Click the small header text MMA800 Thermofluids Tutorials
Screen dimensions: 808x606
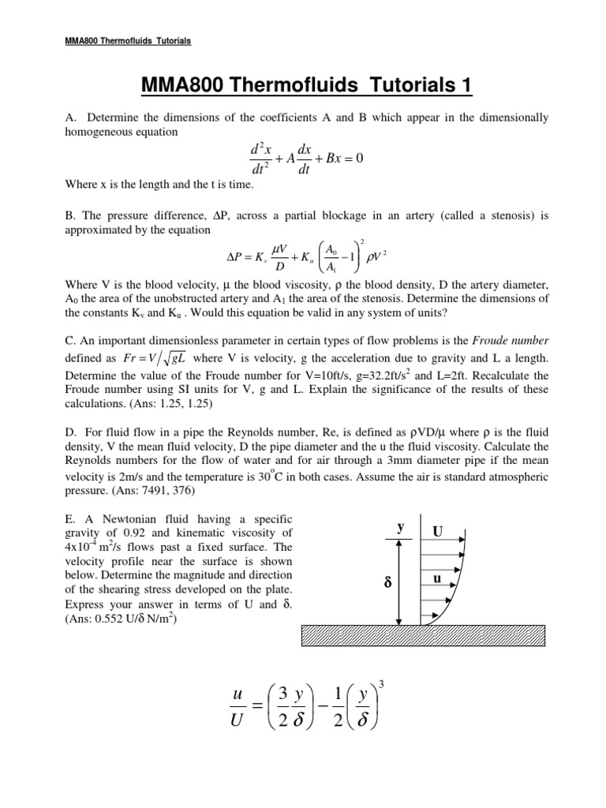point(125,41)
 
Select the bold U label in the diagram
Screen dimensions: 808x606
point(437,532)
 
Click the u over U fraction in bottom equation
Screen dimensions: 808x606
point(238,706)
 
